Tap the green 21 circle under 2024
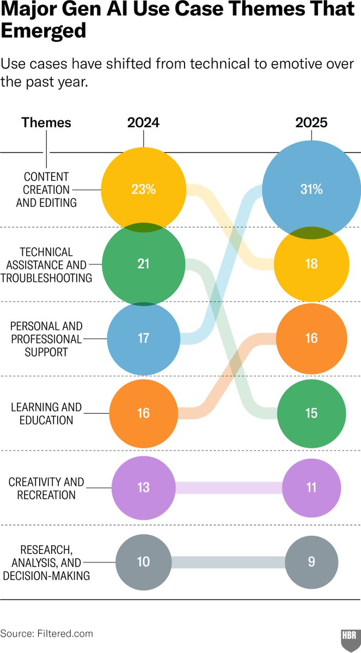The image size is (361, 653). (143, 264)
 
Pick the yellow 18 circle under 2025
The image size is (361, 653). (311, 264)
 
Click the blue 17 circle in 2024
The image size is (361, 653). (143, 338)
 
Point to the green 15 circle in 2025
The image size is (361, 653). (311, 413)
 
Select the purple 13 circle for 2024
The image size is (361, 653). (143, 488)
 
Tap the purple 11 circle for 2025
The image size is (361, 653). (311, 488)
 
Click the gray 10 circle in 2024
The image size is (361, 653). (143, 562)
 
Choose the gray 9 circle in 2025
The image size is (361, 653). (311, 562)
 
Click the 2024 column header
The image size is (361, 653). (143, 122)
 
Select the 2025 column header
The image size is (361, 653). (311, 122)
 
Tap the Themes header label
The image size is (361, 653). (46, 122)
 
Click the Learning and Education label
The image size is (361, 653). (46, 414)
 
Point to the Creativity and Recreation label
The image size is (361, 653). (46, 488)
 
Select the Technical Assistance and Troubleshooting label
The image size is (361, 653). (46, 264)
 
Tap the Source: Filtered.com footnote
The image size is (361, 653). (47, 633)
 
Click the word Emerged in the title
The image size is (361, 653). (44, 32)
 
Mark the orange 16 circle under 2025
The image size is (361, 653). (311, 338)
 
